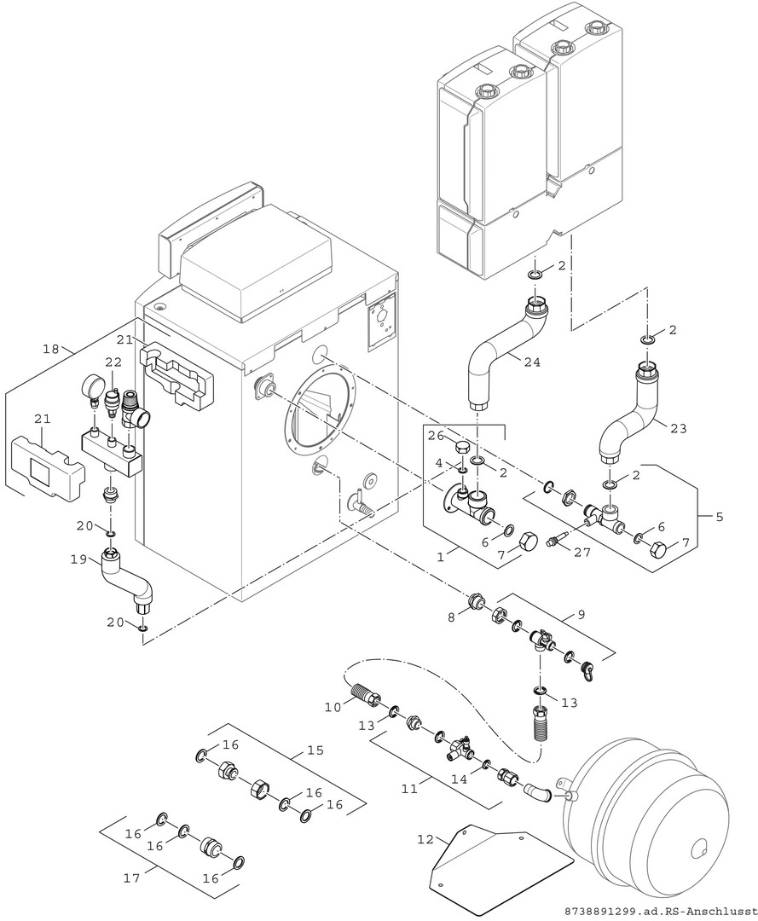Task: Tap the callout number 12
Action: (425, 840)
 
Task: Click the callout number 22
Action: (114, 362)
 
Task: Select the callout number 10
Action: (331, 706)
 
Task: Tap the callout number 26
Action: (435, 435)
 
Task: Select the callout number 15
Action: (315, 751)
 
